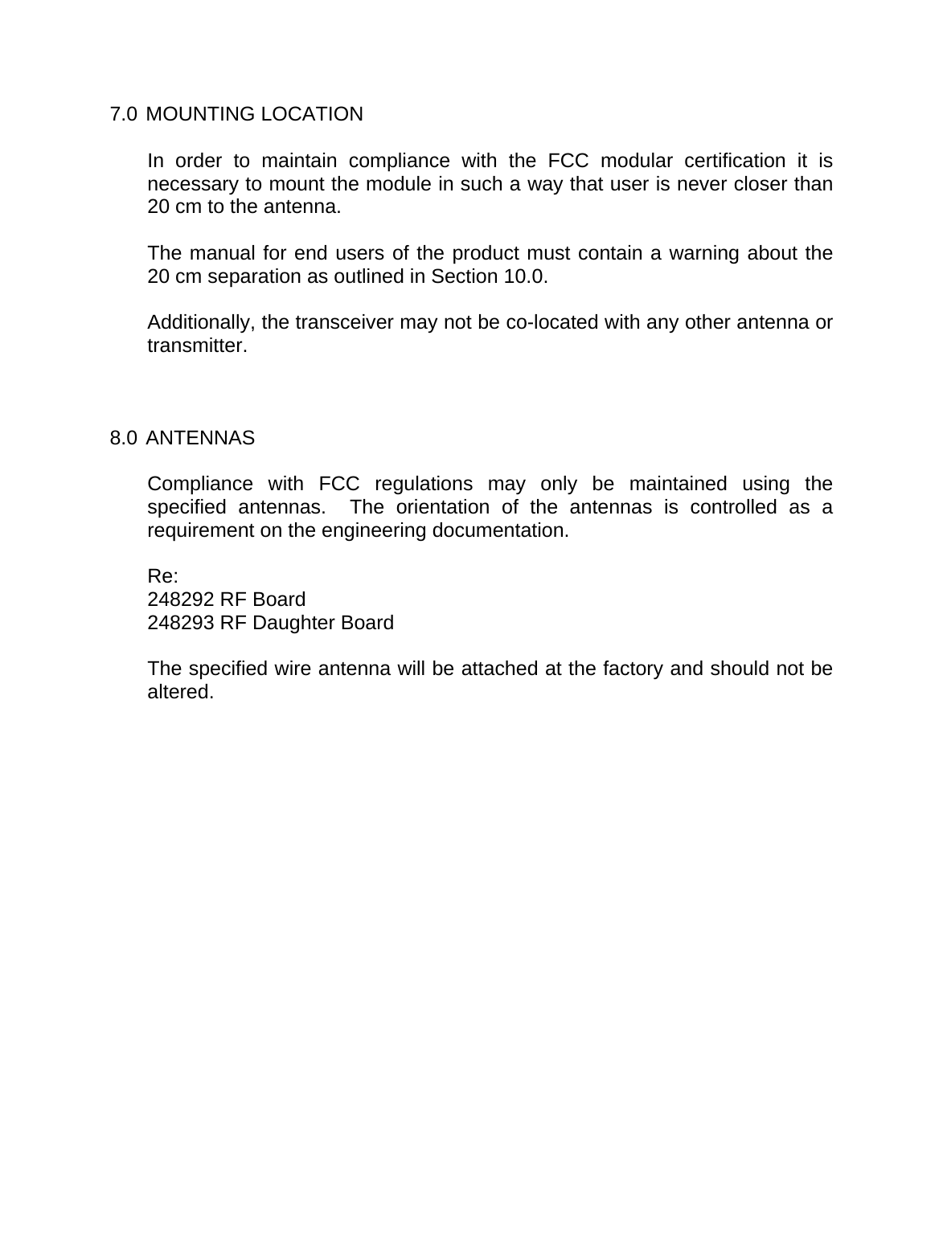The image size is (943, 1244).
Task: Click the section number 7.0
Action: pyautogui.click(x=123, y=114)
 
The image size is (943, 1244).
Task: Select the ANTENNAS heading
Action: pyautogui.click(x=202, y=439)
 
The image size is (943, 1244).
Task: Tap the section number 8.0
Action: pyautogui.click(x=123, y=439)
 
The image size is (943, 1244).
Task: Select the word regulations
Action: pyautogui.click(x=424, y=485)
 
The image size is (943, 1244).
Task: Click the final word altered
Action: pyautogui.click(x=181, y=693)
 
